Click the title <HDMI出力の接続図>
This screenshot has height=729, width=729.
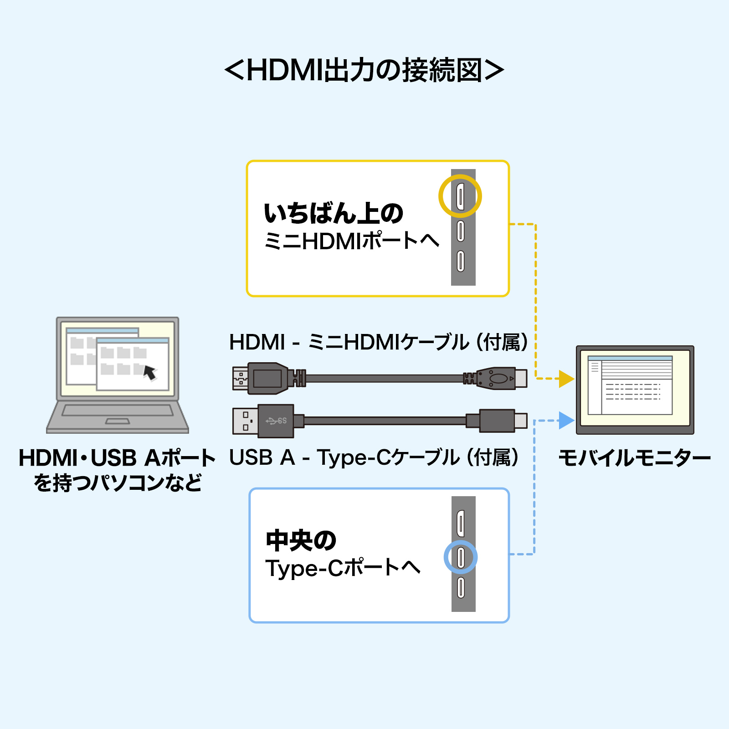(x=364, y=70)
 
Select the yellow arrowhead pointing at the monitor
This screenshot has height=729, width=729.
(x=566, y=379)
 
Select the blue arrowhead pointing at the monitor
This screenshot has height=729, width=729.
(x=566, y=420)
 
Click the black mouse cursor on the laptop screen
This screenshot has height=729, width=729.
(x=150, y=372)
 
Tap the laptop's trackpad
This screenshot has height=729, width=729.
(x=118, y=421)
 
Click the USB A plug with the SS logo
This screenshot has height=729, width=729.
(x=263, y=421)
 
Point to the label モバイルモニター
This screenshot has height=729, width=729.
(x=634, y=457)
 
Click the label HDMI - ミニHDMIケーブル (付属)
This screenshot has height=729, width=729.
(x=379, y=342)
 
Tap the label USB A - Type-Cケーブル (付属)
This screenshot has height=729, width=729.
(x=374, y=457)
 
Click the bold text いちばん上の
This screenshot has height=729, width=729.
(x=334, y=213)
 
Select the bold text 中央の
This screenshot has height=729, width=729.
(x=301, y=540)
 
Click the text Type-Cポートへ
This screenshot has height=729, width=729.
(x=343, y=568)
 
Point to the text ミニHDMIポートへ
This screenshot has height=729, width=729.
(x=352, y=241)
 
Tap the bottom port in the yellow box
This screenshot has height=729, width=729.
(x=461, y=261)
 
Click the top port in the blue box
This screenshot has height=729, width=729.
(x=461, y=524)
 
